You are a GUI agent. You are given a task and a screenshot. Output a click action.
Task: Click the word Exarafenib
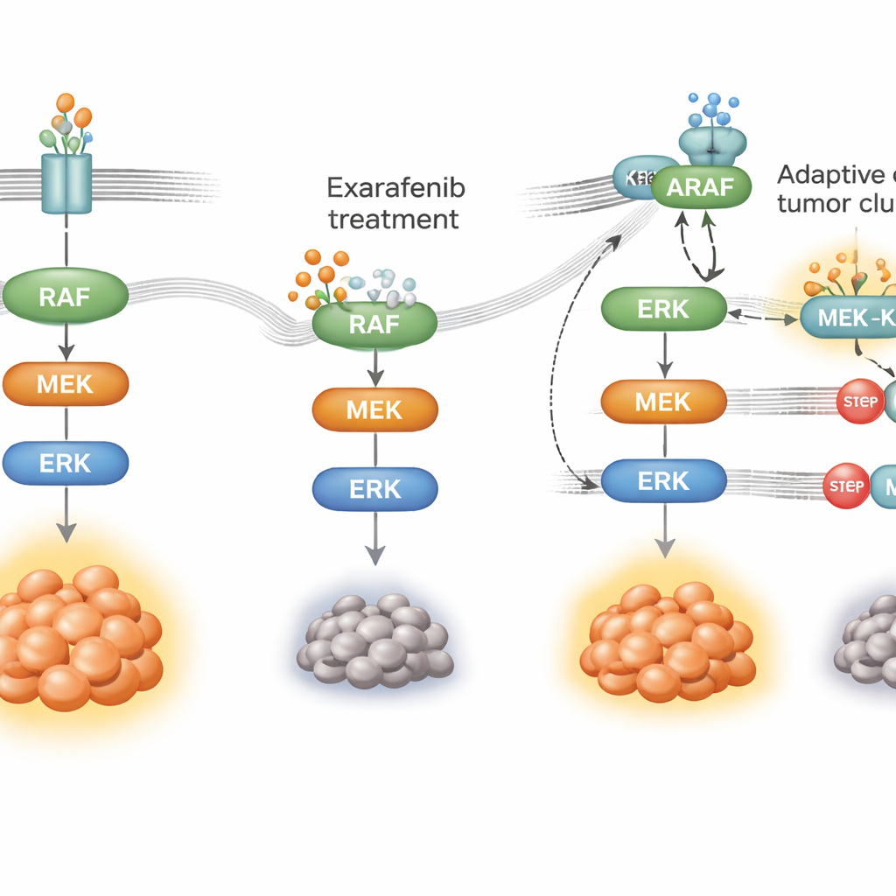[x=395, y=187]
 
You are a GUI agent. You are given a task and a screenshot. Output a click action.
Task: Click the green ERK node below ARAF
[x=663, y=309]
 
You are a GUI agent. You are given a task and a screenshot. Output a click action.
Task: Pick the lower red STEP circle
[x=844, y=486]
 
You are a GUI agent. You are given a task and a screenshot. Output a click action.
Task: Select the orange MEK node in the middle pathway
[x=374, y=409]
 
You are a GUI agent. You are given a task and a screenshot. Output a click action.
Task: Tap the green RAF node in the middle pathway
[x=374, y=325]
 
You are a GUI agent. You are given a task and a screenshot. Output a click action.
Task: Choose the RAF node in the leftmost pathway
[x=65, y=297]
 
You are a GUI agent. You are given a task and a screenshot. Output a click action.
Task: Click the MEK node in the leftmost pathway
[x=66, y=382]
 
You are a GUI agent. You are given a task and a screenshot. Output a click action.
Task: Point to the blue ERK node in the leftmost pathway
[x=66, y=463]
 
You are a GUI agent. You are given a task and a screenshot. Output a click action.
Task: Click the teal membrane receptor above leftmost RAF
[x=66, y=183]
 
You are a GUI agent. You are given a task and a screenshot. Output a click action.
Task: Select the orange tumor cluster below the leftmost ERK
[x=74, y=634]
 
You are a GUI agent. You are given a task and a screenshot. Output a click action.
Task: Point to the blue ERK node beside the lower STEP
[x=663, y=480]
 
